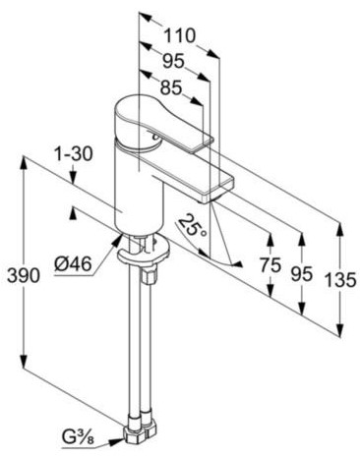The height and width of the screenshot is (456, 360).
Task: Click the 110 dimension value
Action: point(179,35)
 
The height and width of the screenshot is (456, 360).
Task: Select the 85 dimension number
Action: point(171,87)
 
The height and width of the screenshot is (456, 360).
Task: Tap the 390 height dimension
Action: point(24,275)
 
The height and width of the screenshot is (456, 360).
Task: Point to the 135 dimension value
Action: point(340,280)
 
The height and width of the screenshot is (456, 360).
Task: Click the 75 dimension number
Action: point(270,265)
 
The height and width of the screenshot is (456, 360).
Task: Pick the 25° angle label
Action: point(193,226)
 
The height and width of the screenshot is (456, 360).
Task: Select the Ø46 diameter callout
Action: point(73,263)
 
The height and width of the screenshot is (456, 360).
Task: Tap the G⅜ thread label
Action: point(78,437)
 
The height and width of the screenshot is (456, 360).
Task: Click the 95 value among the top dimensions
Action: point(174,61)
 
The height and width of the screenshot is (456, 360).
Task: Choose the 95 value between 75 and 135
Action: point(302,273)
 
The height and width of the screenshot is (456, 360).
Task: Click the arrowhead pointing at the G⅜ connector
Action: point(115,441)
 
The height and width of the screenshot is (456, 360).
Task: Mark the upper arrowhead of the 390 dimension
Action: point(24,164)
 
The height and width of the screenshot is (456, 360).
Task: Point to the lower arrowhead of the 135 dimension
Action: point(340,328)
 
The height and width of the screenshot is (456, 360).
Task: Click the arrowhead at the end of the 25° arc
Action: point(237,264)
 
